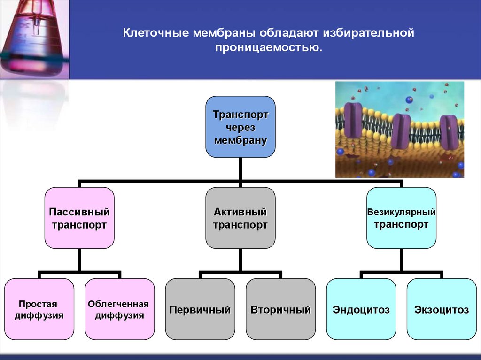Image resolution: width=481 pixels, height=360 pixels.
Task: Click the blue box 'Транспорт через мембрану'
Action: pos(240,127)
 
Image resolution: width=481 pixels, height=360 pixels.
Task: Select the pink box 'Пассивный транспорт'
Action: pos(79,218)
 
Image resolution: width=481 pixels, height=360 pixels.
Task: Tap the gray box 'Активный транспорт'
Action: pos(240,218)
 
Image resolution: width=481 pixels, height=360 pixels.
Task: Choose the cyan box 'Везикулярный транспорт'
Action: pos(401,218)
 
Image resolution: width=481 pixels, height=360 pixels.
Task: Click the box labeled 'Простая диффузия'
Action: pos(39,309)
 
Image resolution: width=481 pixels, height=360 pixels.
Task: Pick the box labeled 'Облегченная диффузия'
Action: pos(120,309)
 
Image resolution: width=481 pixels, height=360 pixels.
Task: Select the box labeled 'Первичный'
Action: pos(200,309)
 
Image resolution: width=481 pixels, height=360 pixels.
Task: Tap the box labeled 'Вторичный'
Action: pos(280,309)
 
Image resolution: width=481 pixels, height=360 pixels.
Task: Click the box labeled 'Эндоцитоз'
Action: pos(361,309)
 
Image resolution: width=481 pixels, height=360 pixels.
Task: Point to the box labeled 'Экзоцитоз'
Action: pos(442,309)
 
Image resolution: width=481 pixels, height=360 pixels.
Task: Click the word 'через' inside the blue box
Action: pos(240,127)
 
